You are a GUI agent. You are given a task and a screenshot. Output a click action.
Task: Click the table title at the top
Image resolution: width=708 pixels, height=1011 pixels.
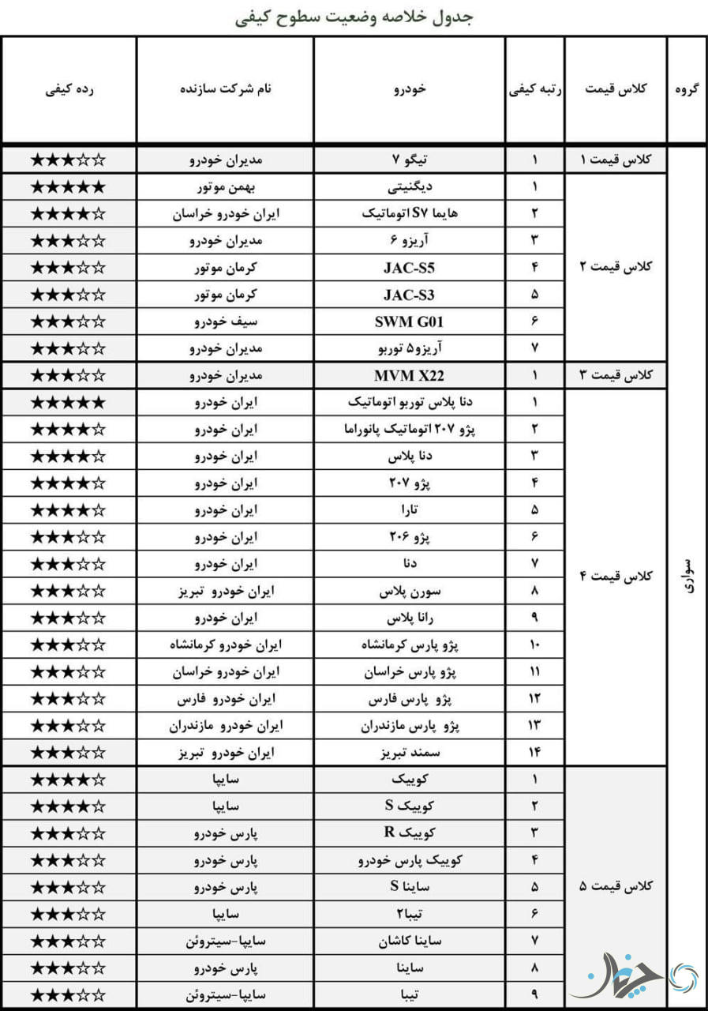point(354,17)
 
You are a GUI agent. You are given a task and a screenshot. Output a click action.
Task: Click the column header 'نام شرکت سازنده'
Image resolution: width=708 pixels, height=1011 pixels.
point(226,88)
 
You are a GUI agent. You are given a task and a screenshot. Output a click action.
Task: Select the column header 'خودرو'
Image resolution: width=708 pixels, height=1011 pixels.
point(409,88)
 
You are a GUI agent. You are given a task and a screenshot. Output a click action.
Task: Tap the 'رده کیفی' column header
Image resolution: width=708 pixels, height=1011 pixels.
point(69,88)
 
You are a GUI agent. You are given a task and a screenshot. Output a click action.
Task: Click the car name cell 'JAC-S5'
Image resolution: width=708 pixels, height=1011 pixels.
point(409,268)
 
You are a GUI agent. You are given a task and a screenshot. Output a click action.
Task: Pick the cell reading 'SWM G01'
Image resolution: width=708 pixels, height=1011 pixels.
point(409,321)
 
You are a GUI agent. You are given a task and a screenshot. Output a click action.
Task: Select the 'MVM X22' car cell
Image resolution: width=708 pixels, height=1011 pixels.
point(409,375)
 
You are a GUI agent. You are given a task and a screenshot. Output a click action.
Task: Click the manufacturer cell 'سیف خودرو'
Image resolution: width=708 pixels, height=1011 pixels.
point(226,321)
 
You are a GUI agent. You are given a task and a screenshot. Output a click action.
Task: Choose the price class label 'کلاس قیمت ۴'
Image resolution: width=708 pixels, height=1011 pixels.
point(616,576)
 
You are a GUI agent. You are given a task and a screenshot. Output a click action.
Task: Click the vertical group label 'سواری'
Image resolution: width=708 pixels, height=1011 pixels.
point(687,576)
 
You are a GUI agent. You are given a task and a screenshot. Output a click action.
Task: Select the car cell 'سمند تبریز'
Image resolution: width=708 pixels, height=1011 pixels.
point(409,753)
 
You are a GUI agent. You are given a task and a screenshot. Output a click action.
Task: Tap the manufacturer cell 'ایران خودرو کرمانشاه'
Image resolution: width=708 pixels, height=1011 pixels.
point(226,645)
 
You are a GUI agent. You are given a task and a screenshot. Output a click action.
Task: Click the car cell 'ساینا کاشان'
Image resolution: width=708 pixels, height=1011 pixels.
point(409,941)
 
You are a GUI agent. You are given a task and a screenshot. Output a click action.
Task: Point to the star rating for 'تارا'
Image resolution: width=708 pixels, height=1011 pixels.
point(68,509)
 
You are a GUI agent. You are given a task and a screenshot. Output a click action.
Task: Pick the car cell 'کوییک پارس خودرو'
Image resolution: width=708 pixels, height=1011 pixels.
point(409,860)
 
